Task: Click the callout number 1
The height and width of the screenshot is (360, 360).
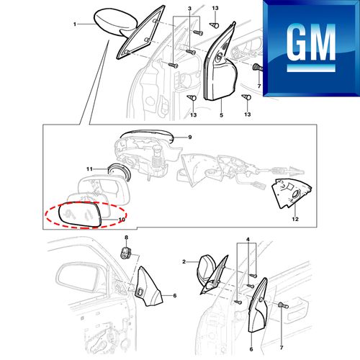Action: [x=75, y=24]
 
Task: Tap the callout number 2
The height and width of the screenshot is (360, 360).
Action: [x=184, y=261]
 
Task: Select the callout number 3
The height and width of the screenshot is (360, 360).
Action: [x=189, y=9]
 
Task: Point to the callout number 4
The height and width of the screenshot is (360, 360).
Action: [x=248, y=239]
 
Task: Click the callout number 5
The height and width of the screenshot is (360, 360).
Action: [x=221, y=115]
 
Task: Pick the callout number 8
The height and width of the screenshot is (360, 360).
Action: [x=126, y=238]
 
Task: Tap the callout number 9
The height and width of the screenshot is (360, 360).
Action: [x=190, y=138]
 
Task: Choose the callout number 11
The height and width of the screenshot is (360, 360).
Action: [x=89, y=169]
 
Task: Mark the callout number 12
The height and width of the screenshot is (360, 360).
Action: [x=295, y=219]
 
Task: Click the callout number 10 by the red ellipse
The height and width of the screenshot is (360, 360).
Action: [x=122, y=220]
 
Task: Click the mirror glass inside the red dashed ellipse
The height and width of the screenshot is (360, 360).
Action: [x=81, y=215]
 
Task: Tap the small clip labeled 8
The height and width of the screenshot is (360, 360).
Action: [x=125, y=253]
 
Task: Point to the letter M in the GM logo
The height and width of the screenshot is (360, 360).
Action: [x=324, y=42]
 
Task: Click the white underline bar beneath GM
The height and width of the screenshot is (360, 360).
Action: [x=311, y=68]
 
